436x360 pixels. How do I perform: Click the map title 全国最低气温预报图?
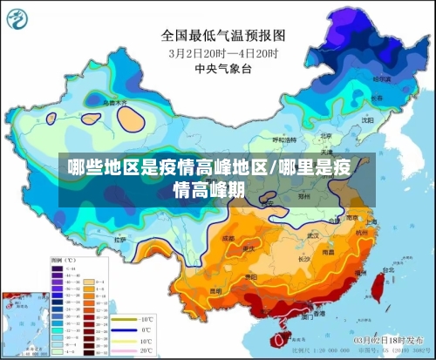click(x=223, y=36)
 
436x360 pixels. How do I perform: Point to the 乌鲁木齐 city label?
click(x=115, y=102)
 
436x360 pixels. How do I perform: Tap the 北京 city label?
click(x=325, y=136)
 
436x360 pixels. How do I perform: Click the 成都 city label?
click(x=228, y=236)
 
